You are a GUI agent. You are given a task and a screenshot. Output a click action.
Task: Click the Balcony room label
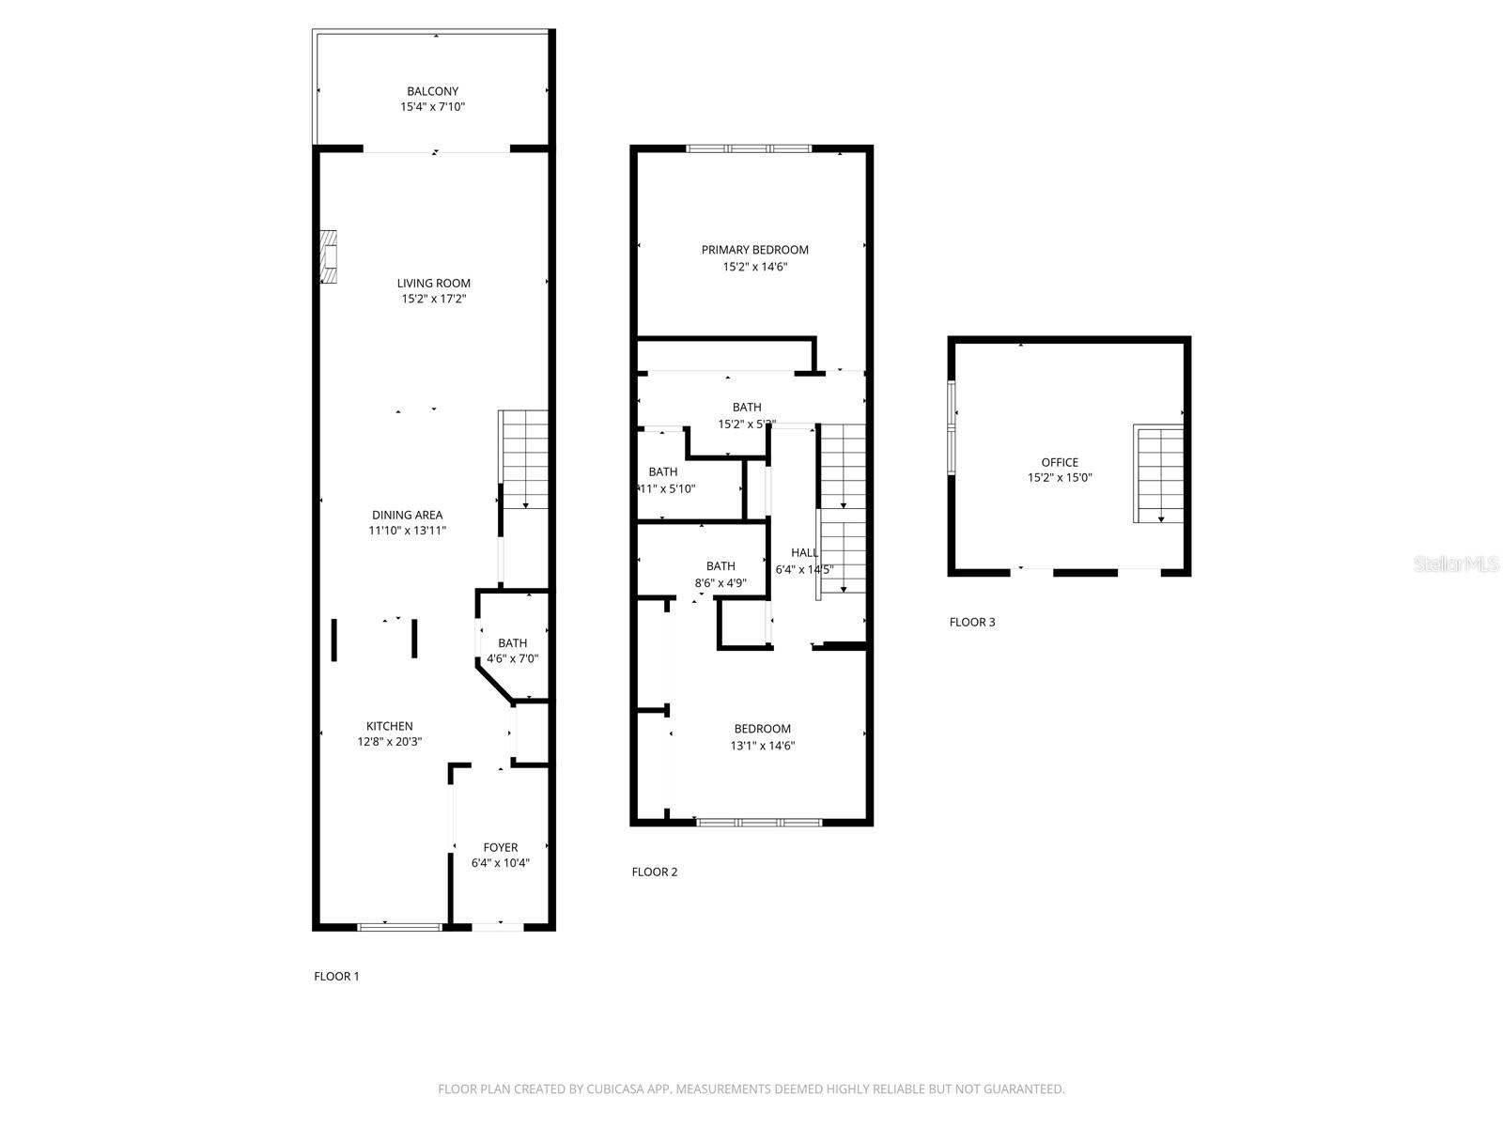click(432, 91)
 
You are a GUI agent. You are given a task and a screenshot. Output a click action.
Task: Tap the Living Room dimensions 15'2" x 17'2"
click(434, 299)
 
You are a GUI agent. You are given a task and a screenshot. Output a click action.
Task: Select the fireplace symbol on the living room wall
click(328, 256)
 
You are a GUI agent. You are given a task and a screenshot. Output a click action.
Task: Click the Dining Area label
click(407, 515)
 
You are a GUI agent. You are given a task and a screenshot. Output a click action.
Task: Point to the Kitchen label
click(389, 726)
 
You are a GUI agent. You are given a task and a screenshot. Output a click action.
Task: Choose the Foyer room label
click(501, 847)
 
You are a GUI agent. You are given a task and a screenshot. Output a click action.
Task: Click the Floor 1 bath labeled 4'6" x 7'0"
click(512, 650)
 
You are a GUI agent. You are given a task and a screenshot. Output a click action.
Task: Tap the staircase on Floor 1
click(524, 459)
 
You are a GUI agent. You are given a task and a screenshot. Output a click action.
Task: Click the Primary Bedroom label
click(754, 250)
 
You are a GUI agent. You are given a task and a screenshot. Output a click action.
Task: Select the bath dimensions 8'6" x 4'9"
click(721, 582)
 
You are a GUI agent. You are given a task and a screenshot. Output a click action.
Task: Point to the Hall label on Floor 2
click(804, 552)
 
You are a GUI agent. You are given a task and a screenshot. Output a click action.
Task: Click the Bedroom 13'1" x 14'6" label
click(762, 729)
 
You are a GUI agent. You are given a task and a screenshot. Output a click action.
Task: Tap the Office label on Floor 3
click(1060, 462)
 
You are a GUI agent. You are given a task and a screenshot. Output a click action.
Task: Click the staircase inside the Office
click(1160, 474)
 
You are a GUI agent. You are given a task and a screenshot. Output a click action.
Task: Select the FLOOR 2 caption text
click(655, 872)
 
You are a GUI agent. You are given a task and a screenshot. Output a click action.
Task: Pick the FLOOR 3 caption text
click(972, 622)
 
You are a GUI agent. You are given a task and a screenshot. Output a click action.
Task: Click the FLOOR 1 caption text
click(336, 976)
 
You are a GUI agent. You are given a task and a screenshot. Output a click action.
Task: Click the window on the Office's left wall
click(952, 427)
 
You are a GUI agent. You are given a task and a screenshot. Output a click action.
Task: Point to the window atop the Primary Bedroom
click(749, 148)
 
